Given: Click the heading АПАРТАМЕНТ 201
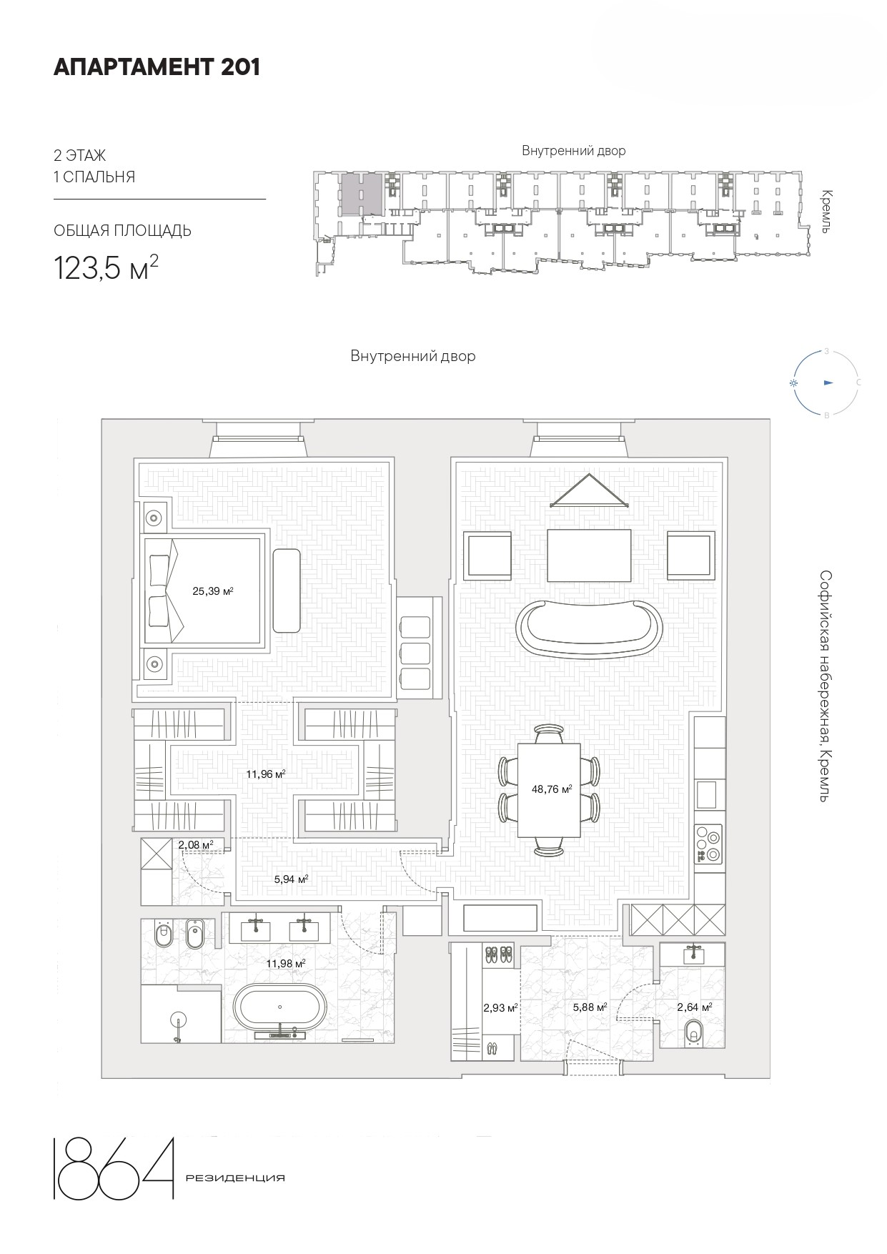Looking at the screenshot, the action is pyautogui.click(x=157, y=67).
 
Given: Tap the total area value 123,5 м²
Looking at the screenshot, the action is pyautogui.click(x=106, y=267).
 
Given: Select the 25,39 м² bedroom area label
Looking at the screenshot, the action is pyautogui.click(x=213, y=591).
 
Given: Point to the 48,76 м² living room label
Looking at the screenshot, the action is pyautogui.click(x=552, y=789).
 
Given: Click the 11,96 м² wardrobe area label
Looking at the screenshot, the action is pyautogui.click(x=266, y=774).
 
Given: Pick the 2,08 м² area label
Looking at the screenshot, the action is pyautogui.click(x=196, y=845).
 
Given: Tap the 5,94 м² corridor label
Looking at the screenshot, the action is pyautogui.click(x=291, y=879).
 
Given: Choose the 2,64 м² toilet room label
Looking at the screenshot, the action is pyautogui.click(x=694, y=1007).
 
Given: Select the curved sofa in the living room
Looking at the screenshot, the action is pyautogui.click(x=590, y=626).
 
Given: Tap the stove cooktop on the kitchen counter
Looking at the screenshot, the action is pyautogui.click(x=708, y=845).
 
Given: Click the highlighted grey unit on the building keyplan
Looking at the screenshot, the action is pyautogui.click(x=360, y=193).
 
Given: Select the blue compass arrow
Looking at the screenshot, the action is pyautogui.click(x=828, y=382).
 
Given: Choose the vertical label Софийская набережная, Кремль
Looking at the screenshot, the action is pyautogui.click(x=826, y=686).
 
